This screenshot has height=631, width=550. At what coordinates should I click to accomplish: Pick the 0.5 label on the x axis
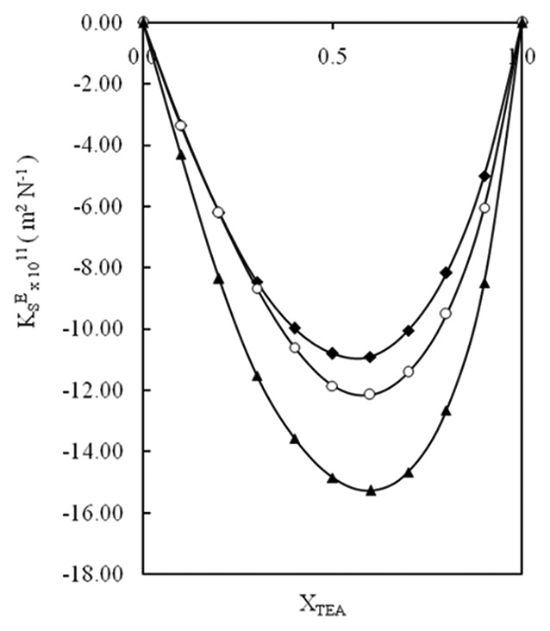[333, 57]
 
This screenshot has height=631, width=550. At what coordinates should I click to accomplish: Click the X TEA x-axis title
[322, 606]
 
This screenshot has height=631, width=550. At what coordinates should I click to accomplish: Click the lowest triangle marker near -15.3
[371, 490]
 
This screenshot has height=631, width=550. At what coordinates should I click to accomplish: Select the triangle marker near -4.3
[181, 155]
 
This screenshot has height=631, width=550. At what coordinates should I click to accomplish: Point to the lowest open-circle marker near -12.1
[370, 394]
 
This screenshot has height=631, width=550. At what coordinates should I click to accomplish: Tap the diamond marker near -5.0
[484, 176]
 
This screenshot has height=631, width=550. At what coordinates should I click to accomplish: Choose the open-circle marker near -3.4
[181, 126]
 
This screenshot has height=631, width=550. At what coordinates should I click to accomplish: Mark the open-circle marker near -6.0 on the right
[484, 208]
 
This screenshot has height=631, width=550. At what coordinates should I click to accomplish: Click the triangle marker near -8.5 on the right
[484, 283]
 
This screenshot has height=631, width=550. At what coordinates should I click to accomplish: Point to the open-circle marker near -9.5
[446, 313]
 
